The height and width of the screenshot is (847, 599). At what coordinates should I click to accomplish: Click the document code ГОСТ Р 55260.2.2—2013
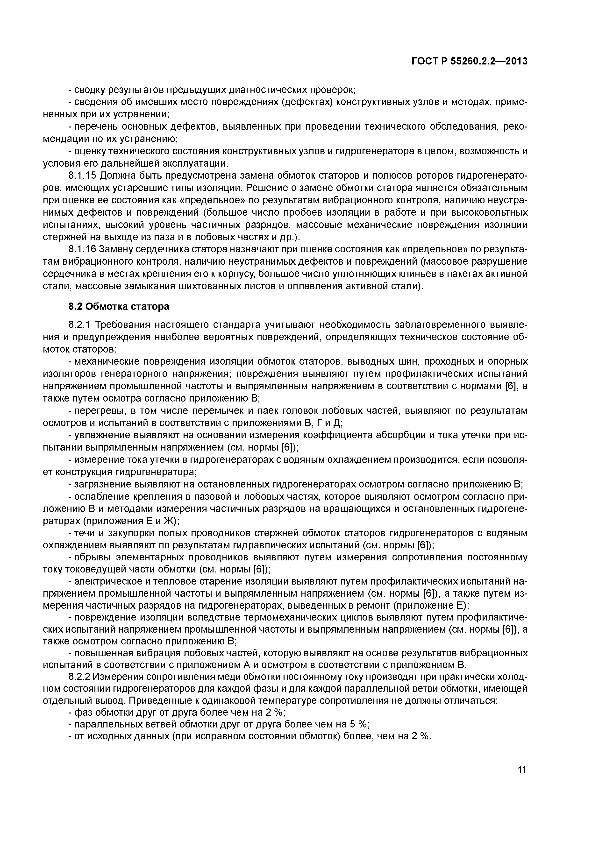coord(470,61)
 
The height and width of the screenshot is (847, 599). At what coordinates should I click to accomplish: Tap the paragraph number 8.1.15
coord(82,176)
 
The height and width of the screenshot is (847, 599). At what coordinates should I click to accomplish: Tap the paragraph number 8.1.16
coord(82,249)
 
